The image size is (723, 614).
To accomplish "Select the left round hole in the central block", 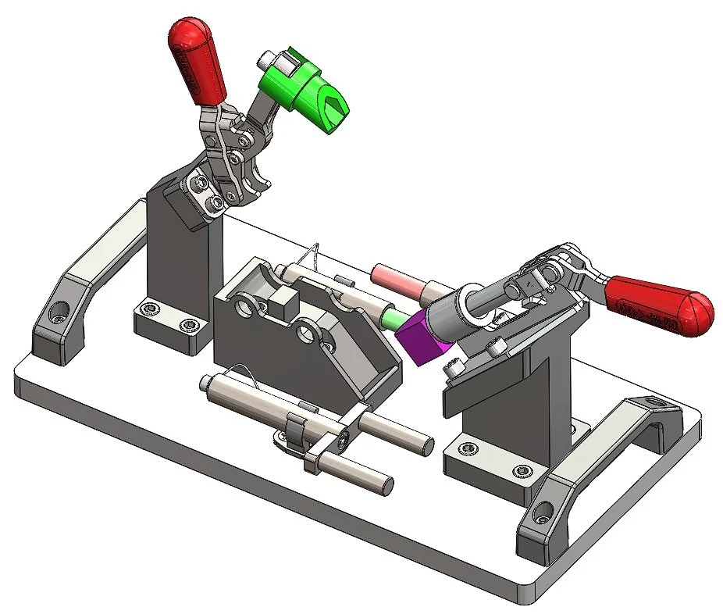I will click(x=249, y=309).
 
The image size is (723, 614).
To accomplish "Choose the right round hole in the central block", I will click(x=311, y=338).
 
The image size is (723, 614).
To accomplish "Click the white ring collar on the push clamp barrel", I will click(x=473, y=309).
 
